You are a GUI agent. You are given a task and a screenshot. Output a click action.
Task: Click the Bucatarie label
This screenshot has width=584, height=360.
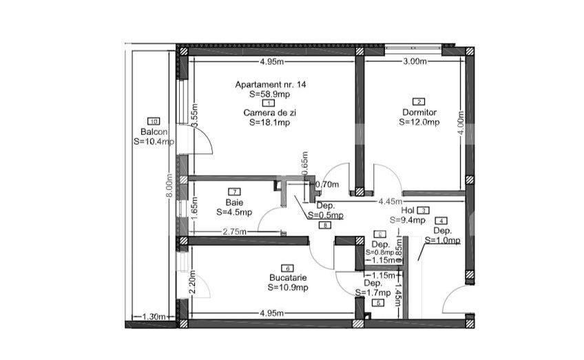289,278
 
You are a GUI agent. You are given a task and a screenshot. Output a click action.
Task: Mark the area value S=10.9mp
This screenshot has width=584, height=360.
289,287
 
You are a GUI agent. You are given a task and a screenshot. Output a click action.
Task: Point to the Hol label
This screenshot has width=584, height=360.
407,211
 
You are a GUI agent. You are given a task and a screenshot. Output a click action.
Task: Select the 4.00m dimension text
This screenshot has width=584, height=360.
461,124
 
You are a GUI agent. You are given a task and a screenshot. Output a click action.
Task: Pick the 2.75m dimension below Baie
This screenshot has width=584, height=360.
236,233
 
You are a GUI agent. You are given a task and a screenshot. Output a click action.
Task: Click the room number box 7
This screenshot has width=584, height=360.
235,191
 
